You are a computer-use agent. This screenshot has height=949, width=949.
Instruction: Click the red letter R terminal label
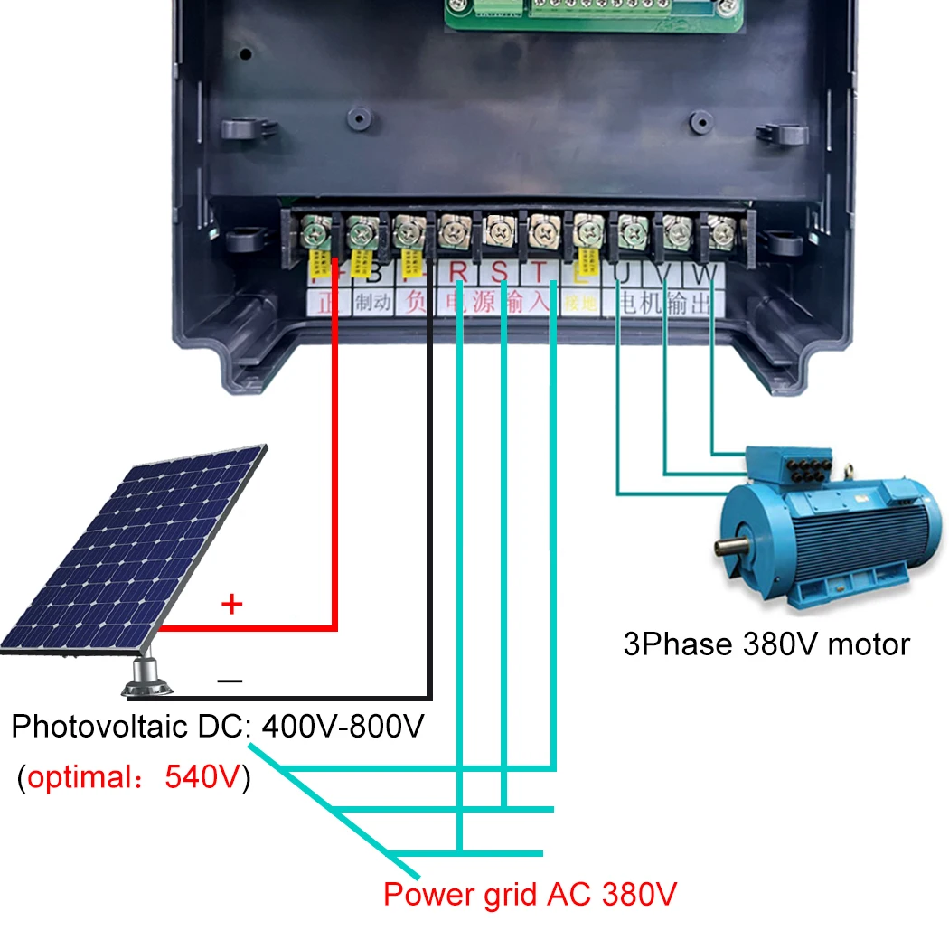point(458,272)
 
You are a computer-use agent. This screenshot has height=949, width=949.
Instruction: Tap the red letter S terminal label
point(500,272)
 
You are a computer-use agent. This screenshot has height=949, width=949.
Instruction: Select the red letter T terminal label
point(540,272)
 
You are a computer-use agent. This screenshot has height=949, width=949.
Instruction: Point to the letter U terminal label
point(623,272)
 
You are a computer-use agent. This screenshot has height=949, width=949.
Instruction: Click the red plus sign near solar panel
point(232,604)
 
